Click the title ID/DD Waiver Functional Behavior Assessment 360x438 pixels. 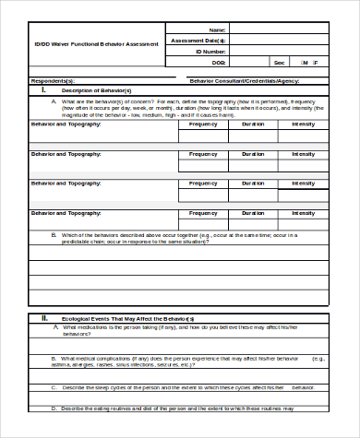[96, 43]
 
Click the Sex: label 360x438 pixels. [279, 63]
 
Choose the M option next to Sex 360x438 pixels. [304, 63]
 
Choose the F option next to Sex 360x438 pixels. [316, 63]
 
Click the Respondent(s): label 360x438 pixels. [54, 81]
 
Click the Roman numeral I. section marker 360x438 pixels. [42, 90]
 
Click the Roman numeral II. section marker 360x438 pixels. [43, 318]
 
